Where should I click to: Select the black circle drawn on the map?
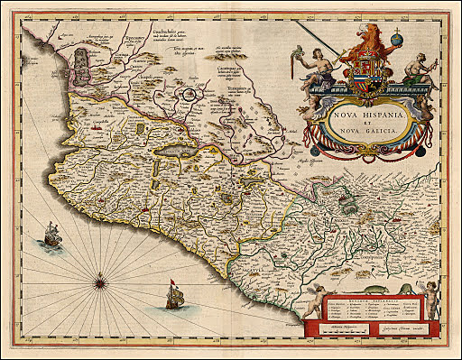189,92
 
